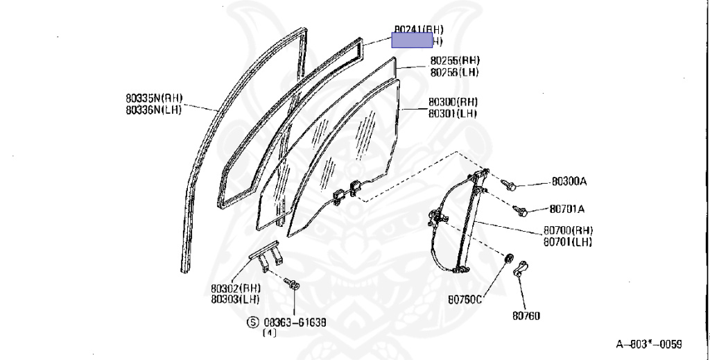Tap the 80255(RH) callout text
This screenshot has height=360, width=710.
pos(454,61)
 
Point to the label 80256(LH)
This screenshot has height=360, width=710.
pos(454,72)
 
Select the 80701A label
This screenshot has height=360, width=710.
pos(567,208)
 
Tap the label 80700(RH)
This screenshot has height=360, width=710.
pos(568,231)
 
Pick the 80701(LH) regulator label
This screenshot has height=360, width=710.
pos(568,242)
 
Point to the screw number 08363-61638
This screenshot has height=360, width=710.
pos(295,323)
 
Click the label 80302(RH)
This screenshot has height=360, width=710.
pos(236,287)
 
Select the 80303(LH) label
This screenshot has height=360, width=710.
pos(236,298)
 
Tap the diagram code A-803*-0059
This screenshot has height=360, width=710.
pos(648,344)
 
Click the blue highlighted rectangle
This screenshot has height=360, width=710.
pos(412,41)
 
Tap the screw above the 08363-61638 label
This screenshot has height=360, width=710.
pos(292,282)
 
